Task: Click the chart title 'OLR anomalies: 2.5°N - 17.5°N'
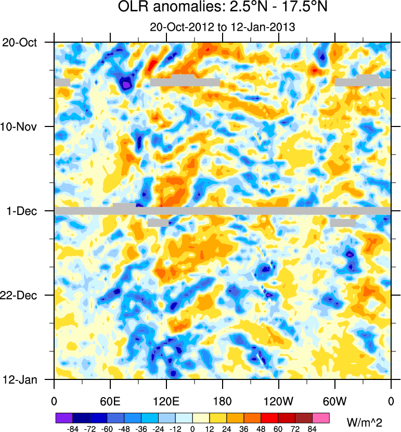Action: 222,9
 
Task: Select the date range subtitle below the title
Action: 222,27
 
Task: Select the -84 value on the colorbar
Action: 73,429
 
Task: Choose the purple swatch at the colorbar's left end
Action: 64,418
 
